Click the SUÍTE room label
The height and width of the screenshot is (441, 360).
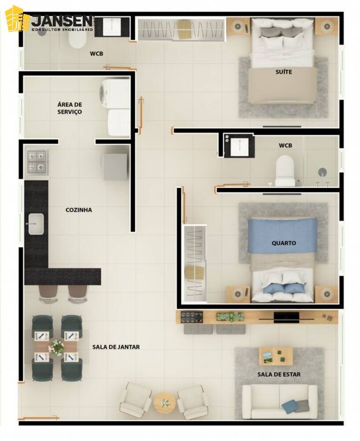point(284,72)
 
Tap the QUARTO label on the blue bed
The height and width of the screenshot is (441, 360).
point(284,243)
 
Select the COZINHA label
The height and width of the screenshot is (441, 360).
point(79,210)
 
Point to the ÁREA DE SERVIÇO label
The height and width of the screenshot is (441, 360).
point(70,108)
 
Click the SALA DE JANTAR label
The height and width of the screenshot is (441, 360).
point(116,347)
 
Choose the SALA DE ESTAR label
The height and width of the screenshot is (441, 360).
point(279,374)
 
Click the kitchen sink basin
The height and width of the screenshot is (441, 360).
point(36,224)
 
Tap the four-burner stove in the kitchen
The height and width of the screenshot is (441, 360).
point(37,162)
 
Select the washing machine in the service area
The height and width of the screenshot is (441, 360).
point(115,93)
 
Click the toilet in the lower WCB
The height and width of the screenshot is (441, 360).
point(285,171)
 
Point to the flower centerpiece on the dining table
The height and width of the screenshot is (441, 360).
point(57,347)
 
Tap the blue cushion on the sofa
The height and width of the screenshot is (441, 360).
point(290,406)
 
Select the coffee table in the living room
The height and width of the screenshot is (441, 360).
point(276,356)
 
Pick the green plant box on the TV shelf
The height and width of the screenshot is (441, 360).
point(230,317)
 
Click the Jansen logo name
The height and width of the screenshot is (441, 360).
point(62,21)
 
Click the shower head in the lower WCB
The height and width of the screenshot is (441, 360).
point(323,172)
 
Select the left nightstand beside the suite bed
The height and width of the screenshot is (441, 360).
point(238,26)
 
